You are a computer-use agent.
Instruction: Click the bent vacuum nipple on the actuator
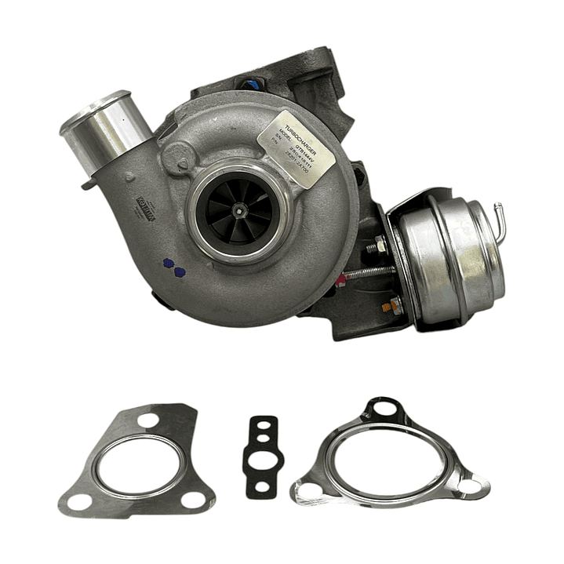(497, 218)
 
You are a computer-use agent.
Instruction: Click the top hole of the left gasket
(148, 420)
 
